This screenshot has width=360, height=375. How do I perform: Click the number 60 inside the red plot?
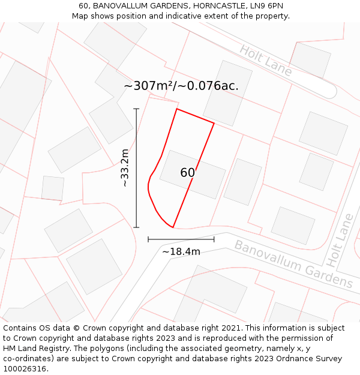(x=187, y=173)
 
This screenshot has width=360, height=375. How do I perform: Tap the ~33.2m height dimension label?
(x=125, y=168)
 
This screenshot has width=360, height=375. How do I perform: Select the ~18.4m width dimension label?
(x=181, y=252)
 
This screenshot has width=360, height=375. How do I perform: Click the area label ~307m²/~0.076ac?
(x=181, y=86)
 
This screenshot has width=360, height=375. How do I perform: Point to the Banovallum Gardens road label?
(x=293, y=264)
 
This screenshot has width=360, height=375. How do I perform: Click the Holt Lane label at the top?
(x=266, y=61)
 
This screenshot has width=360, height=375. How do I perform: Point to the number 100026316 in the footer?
(x=24, y=369)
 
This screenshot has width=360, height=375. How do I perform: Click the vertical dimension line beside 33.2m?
(x=136, y=168)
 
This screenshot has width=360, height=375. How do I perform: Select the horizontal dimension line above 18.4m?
(x=181, y=239)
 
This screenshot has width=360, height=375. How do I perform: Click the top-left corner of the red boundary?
(x=176, y=109)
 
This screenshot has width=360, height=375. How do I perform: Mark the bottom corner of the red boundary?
(x=173, y=227)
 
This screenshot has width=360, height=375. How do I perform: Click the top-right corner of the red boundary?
(x=214, y=123)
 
